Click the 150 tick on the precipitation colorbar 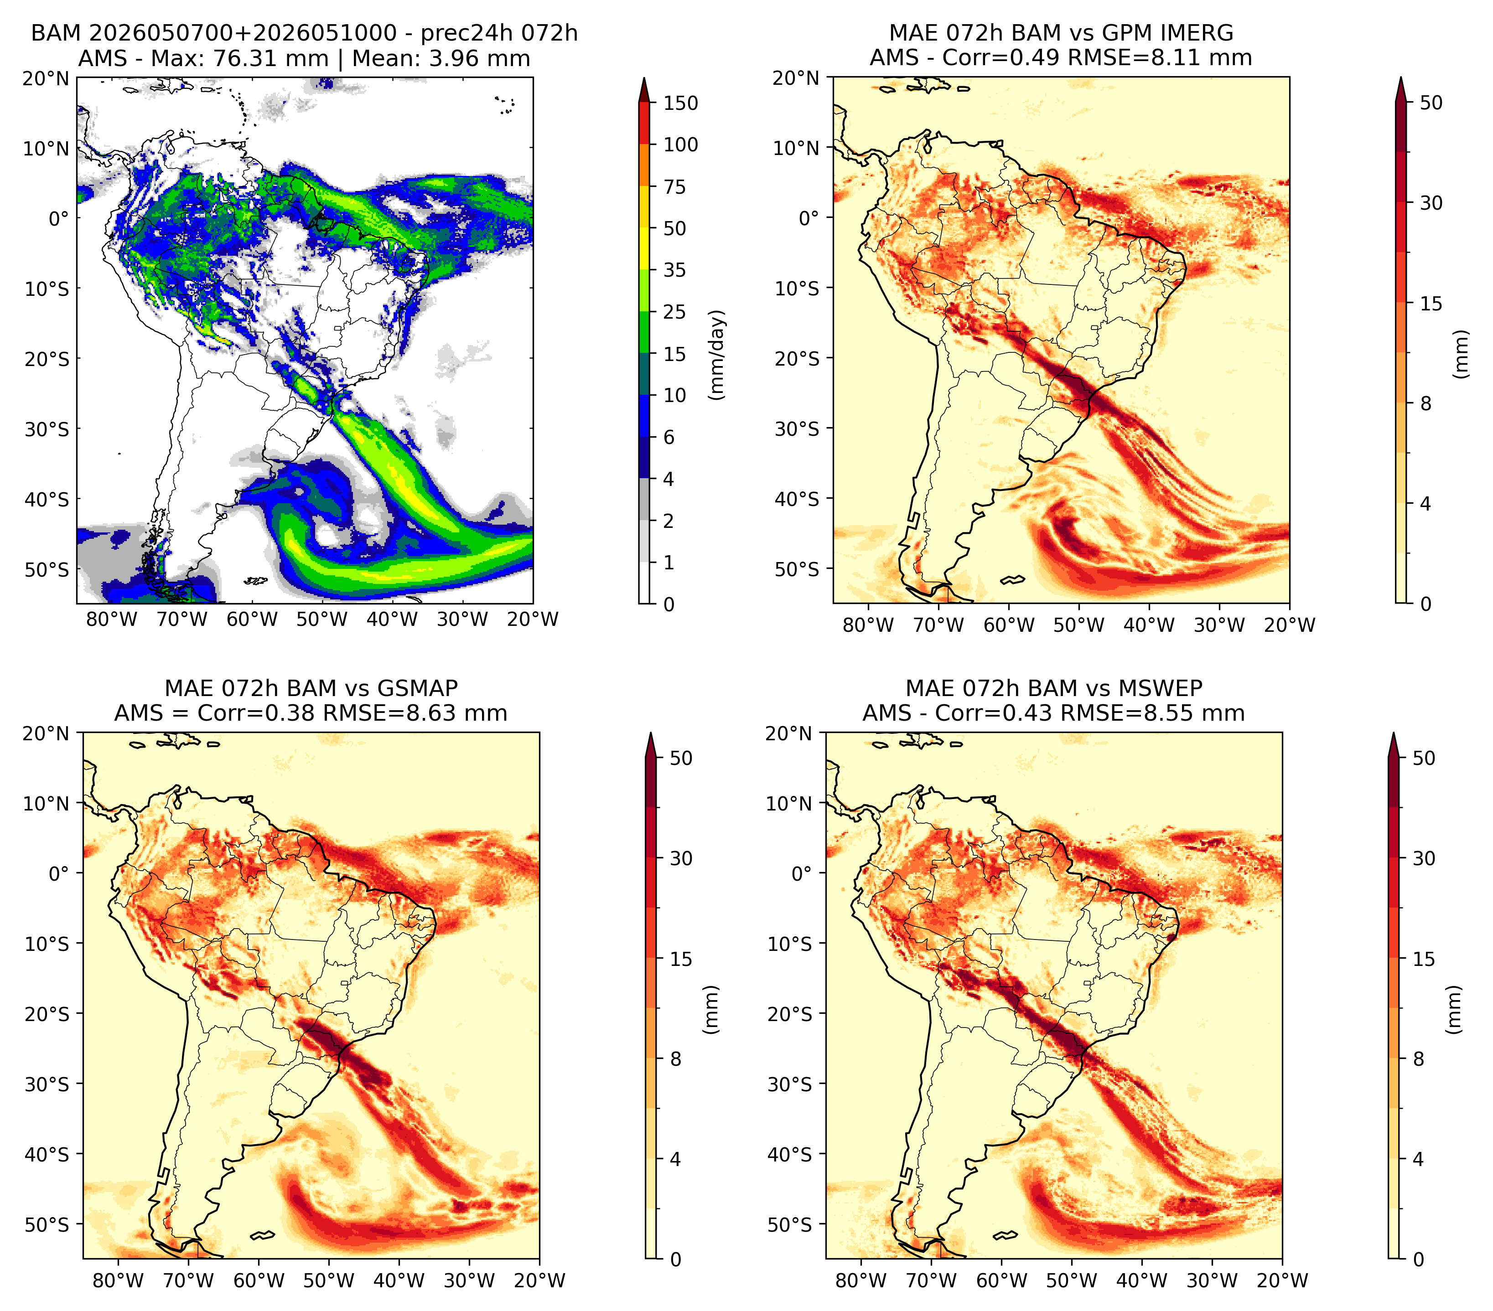click(x=680, y=103)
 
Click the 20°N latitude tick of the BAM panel click(x=45, y=78)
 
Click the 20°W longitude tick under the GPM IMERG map click(x=1289, y=625)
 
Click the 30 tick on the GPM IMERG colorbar click(x=1431, y=203)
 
